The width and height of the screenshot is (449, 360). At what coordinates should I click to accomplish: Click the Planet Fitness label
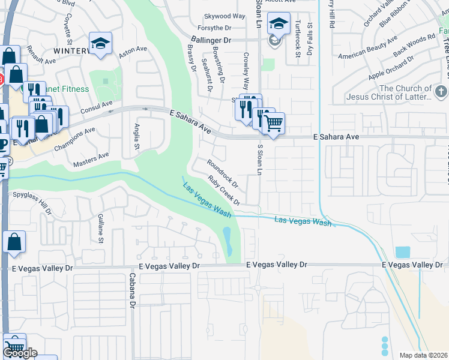[x=67, y=89]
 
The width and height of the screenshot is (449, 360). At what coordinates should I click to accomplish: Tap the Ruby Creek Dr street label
[x=224, y=190]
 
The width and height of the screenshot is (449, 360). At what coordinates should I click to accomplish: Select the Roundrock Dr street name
[x=223, y=173]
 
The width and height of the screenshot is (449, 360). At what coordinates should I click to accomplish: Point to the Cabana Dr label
[x=132, y=291]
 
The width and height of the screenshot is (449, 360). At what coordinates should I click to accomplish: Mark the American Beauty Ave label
[x=368, y=48]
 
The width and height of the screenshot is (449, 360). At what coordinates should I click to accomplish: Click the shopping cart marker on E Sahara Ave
[x=273, y=124]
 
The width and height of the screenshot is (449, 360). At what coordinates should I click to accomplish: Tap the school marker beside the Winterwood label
[x=100, y=44]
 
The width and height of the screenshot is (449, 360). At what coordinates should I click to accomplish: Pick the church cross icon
[x=441, y=92]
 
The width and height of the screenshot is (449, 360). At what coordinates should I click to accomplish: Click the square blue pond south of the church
[x=403, y=252]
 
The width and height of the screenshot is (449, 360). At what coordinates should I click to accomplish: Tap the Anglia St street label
[x=137, y=136]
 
